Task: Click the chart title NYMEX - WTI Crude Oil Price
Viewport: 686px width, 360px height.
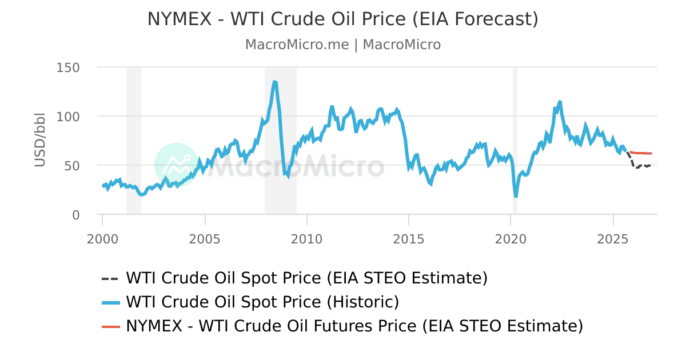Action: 343,19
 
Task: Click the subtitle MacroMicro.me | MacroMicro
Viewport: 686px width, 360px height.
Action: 343,45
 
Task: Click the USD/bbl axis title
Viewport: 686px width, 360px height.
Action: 39,141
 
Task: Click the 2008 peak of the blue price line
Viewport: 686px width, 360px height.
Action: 274,82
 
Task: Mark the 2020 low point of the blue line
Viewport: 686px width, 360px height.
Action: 516,196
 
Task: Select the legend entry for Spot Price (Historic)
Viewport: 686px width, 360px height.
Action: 262,302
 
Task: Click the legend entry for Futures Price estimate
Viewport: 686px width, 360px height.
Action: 354,326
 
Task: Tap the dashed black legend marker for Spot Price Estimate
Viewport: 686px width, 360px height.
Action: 110,279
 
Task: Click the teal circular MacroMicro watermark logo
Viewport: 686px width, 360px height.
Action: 176,165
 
